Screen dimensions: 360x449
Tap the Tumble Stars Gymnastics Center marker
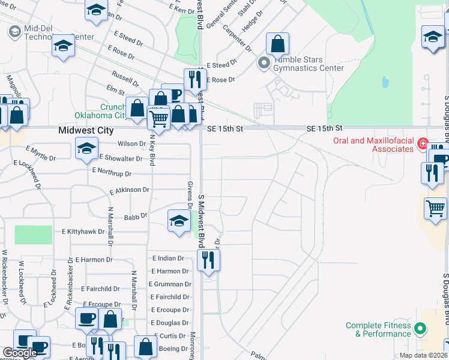tap(264, 62)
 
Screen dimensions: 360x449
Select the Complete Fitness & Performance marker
tap(420, 328)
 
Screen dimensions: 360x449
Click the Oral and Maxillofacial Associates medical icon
tap(423, 144)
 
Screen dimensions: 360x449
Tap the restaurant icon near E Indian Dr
tap(208, 260)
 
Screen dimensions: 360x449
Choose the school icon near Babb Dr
tap(179, 220)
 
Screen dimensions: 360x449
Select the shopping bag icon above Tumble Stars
tap(277, 43)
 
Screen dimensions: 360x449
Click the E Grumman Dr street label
tap(170, 284)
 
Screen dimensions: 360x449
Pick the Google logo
tap(20, 353)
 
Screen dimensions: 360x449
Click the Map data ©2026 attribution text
tap(423, 355)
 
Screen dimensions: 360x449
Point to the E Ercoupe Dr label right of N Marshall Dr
tap(169, 310)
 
